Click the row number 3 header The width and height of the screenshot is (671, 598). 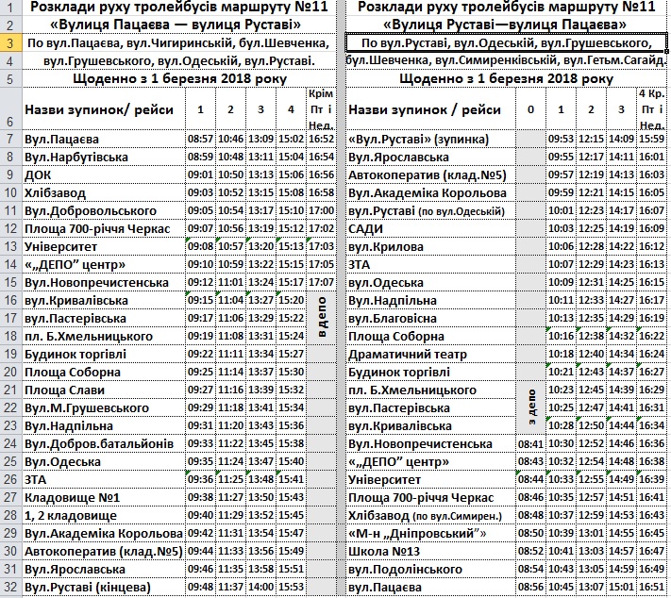[x=9, y=43]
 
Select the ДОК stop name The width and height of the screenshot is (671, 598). [x=40, y=174]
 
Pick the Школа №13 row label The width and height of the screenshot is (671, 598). [x=384, y=551]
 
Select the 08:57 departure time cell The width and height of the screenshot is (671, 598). [x=200, y=140]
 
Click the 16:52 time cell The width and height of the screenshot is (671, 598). [x=321, y=140]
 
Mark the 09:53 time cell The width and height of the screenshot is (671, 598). [x=561, y=140]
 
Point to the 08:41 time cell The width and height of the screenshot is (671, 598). [x=530, y=443]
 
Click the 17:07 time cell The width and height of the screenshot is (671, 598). [x=321, y=282]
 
